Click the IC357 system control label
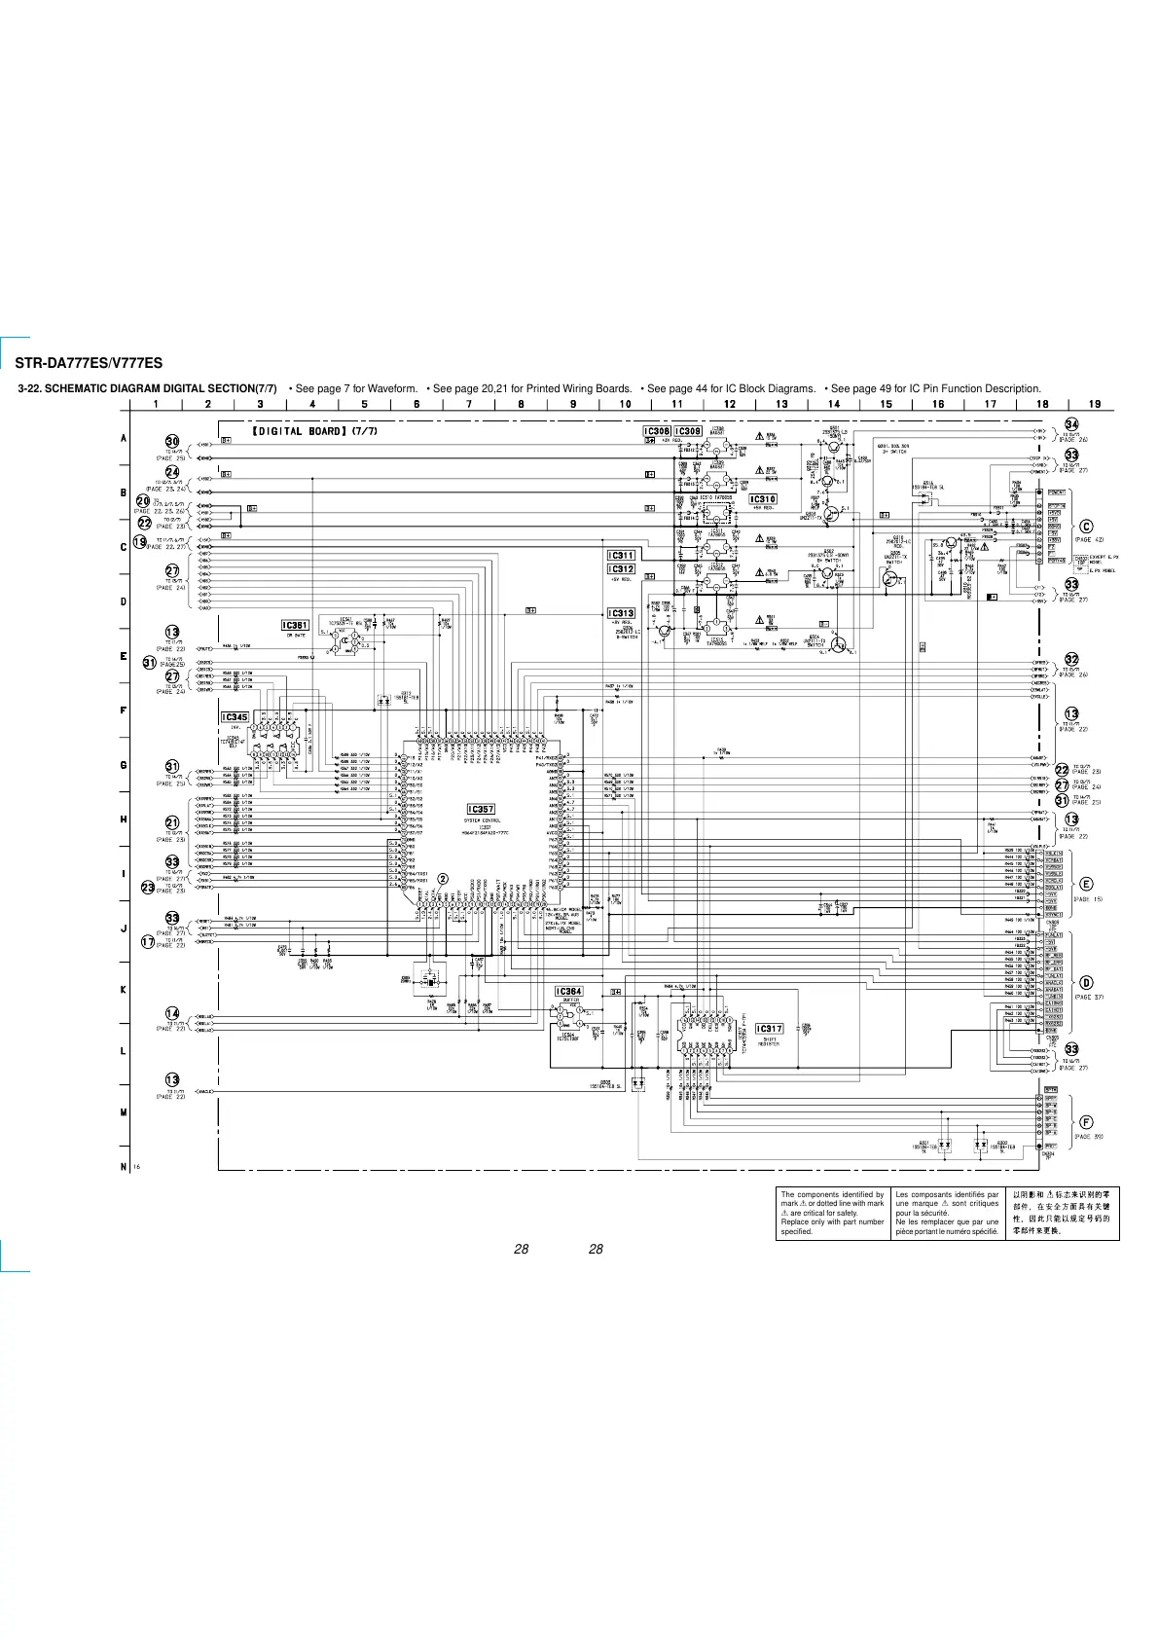(481, 809)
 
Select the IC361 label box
(295, 626)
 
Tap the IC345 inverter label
(235, 717)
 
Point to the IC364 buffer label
(568, 992)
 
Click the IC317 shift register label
(769, 1028)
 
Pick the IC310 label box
(763, 499)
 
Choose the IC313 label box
(621, 614)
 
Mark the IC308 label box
(657, 431)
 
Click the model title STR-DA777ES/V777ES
(89, 364)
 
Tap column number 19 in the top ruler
(1095, 404)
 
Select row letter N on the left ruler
(124, 1166)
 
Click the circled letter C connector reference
(1087, 528)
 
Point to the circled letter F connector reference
(1086, 1122)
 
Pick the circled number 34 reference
(1071, 424)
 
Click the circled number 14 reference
(172, 1014)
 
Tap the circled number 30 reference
(172, 442)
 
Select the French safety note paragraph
(947, 1213)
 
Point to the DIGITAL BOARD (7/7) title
(314, 431)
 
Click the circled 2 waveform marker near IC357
(443, 878)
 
